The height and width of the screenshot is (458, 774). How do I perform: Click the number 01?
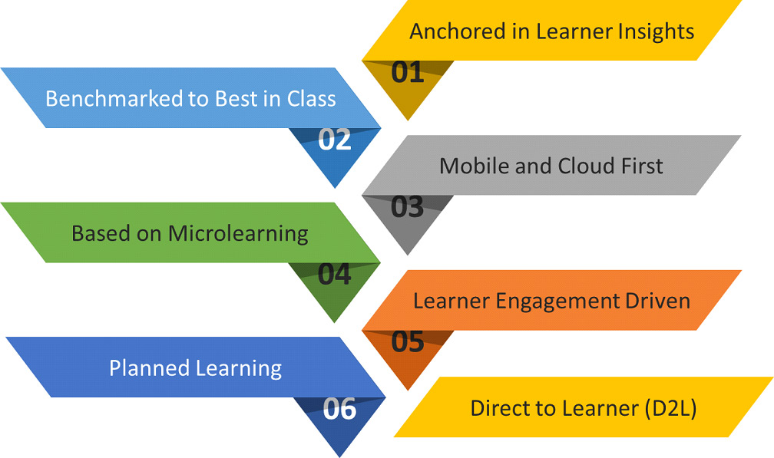coord(407,72)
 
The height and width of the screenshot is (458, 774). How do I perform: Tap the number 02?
coord(335,140)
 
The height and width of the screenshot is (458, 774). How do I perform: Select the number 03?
coord(407,207)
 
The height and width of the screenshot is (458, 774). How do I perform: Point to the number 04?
coord(334,274)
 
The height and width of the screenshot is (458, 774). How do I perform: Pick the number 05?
coord(407,341)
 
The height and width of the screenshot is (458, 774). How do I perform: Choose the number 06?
coord(339,409)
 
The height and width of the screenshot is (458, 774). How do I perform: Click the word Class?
coord(312,99)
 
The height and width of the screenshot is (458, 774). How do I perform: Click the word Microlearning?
coord(238,234)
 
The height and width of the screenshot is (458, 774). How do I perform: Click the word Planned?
coord(149,368)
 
